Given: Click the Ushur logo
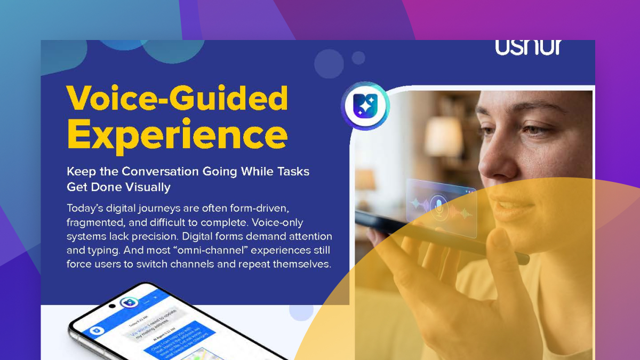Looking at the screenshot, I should click(x=528, y=47).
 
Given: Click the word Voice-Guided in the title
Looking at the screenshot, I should click(x=177, y=99).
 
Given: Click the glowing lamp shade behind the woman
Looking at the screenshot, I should click(x=443, y=137).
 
